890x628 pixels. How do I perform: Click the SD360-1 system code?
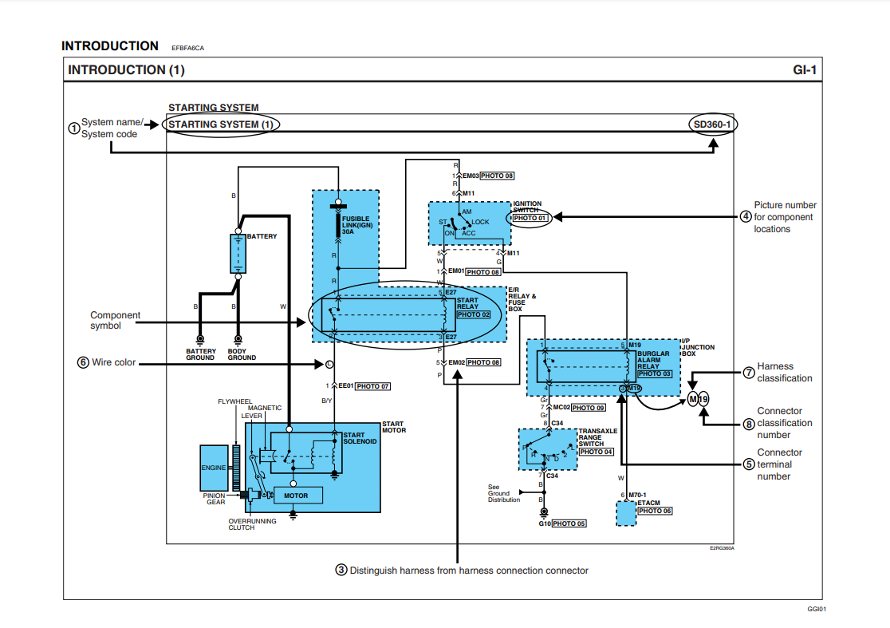pyautogui.click(x=712, y=124)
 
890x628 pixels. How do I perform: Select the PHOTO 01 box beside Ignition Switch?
pyautogui.click(x=530, y=218)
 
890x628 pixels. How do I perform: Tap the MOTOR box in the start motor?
pyautogui.click(x=296, y=496)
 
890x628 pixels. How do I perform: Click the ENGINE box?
pyautogui.click(x=214, y=468)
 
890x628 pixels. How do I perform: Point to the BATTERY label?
pyautogui.click(x=262, y=237)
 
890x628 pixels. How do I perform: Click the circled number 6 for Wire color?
pyautogui.click(x=82, y=362)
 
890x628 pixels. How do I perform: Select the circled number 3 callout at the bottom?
pyautogui.click(x=341, y=570)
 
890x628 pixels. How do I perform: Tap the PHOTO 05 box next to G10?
pyautogui.click(x=569, y=523)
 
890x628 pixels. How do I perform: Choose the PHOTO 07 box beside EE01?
pyautogui.click(x=373, y=386)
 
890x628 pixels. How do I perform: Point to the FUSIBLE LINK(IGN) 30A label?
pyautogui.click(x=357, y=224)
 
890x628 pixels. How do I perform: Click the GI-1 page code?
pyautogui.click(x=805, y=69)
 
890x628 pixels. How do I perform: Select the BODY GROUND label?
pyautogui.click(x=242, y=354)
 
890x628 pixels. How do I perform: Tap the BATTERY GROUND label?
pyautogui.click(x=200, y=354)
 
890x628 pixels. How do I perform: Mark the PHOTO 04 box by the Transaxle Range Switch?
pyautogui.click(x=596, y=452)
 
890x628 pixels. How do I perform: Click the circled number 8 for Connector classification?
pyautogui.click(x=749, y=423)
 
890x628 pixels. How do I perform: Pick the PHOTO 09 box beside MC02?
pyautogui.click(x=588, y=408)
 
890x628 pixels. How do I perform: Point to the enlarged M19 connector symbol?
pyautogui.click(x=699, y=398)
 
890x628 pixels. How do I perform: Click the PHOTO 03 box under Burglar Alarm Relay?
pyautogui.click(x=655, y=373)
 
